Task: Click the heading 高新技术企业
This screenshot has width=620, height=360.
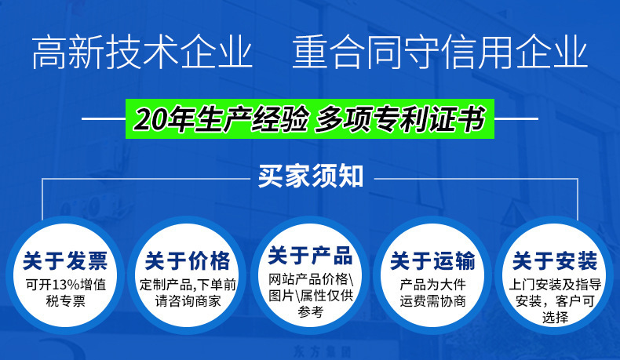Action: pos(142,52)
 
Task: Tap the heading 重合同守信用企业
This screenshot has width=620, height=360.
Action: pos(439,52)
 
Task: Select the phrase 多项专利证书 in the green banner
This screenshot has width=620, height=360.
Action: pos(400,119)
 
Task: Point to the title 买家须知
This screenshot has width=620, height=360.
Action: pos(311,176)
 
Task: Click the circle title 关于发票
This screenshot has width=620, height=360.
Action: pos(65,260)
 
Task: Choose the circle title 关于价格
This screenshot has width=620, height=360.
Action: pos(188,260)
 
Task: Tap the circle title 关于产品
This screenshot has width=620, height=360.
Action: pos(310,255)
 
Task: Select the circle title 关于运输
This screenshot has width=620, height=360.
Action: pos(432,260)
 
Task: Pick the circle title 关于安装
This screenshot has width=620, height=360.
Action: pos(555,260)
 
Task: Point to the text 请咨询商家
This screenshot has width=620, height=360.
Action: pos(188,301)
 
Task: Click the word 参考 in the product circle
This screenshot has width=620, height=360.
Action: pos(311,312)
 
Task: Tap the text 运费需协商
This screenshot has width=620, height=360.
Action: pos(432,301)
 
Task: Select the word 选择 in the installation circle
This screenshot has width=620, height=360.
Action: pos(555,318)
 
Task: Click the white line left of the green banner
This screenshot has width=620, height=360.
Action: pos(104,118)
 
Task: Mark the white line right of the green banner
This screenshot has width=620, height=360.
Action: pos(516,118)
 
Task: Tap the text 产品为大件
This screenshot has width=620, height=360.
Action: pos(432,285)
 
